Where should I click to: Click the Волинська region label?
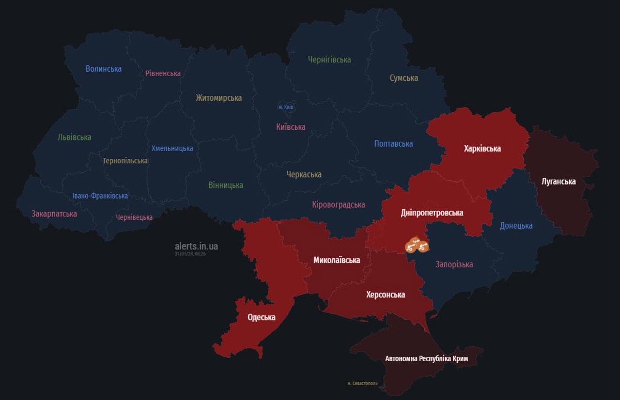(104, 69)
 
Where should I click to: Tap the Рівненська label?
(163, 74)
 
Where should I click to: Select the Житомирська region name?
(218, 98)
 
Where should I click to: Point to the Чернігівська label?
(329, 60)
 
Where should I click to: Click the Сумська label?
(403, 78)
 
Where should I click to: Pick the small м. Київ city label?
(286, 107)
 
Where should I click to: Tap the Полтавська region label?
(393, 144)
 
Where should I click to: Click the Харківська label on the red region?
(482, 149)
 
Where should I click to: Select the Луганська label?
(558, 182)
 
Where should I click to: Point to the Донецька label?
(516, 226)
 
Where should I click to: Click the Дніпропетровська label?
(432, 213)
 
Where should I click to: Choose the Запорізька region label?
(454, 264)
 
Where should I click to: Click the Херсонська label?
(386, 294)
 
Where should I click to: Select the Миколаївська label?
(337, 260)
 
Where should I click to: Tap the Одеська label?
(261, 317)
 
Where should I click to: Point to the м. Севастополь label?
(362, 384)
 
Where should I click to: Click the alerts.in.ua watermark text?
(196, 246)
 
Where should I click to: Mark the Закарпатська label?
(54, 214)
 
